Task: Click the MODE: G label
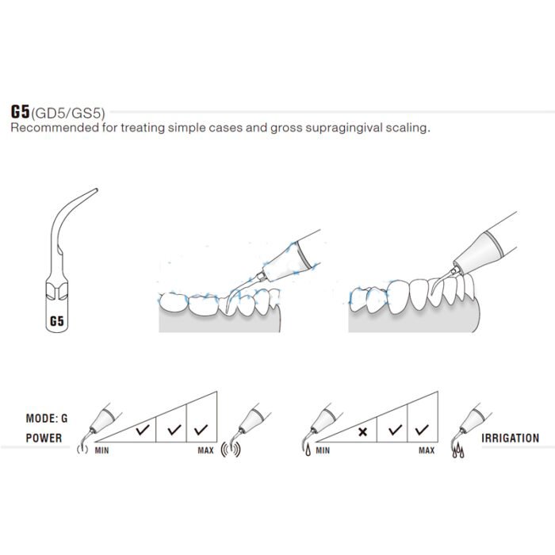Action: (48, 418)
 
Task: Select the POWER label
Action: (44, 437)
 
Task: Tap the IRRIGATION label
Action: (510, 438)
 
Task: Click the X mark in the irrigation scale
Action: (362, 431)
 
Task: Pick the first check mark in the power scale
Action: (142, 431)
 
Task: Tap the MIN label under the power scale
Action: (101, 450)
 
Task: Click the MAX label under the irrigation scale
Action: (427, 450)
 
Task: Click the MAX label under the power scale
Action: (205, 450)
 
